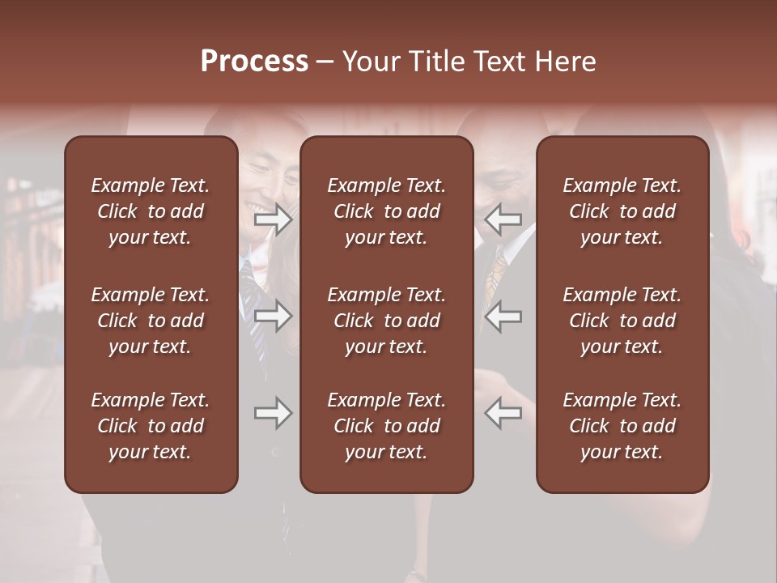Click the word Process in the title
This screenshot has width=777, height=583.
[254, 62]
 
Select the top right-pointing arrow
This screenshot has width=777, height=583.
[273, 219]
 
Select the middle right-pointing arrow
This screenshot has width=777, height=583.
[273, 316]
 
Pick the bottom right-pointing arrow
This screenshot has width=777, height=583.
[273, 414]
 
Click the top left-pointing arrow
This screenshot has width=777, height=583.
[503, 219]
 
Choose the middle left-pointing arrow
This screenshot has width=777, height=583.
[503, 316]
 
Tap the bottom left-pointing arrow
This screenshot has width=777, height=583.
[503, 414]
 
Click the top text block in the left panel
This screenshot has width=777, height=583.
[151, 211]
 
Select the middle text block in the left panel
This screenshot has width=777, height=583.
[151, 321]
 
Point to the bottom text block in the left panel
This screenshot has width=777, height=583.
[151, 426]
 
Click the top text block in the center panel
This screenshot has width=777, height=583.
[386, 211]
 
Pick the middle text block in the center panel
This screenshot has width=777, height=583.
[386, 321]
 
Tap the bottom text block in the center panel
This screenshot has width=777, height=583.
[386, 426]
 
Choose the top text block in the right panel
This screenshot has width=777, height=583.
[622, 211]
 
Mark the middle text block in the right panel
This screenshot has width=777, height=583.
[622, 321]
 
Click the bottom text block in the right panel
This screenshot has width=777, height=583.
[622, 426]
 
